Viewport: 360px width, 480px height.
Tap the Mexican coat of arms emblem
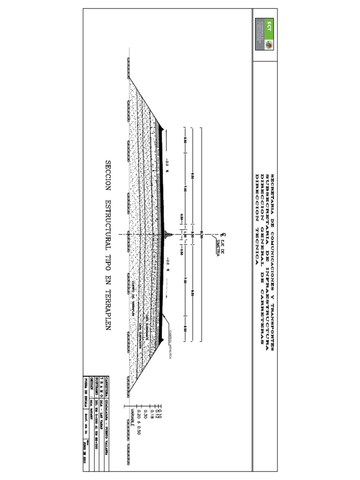click(269, 45)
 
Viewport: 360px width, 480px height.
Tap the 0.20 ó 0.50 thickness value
click(139, 422)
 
